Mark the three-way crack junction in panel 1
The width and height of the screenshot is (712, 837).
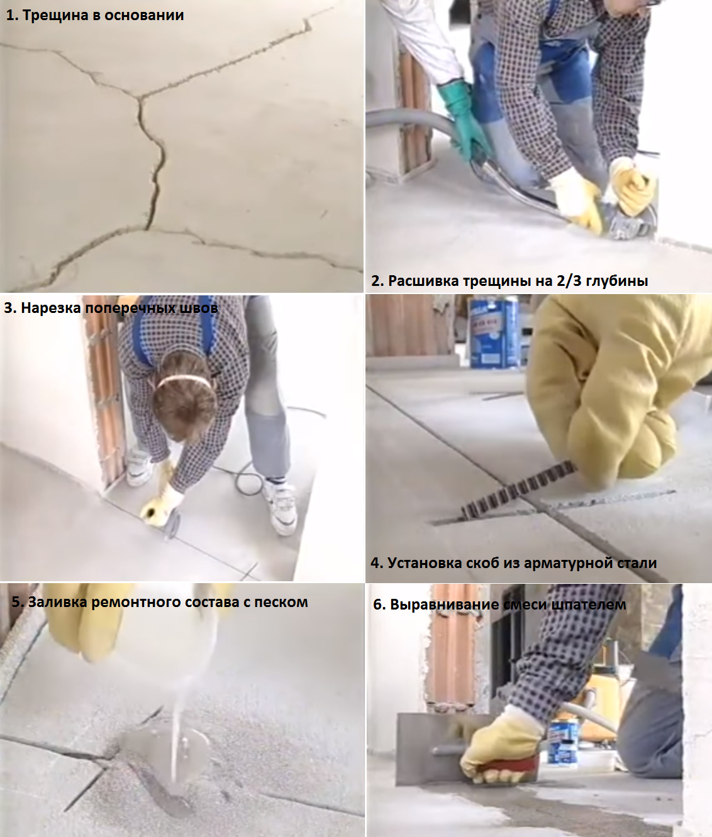140,99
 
